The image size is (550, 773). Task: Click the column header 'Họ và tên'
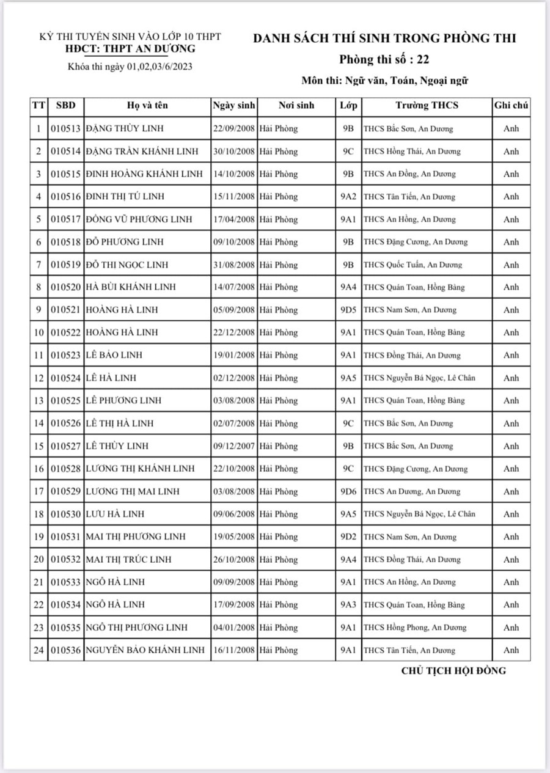(x=147, y=105)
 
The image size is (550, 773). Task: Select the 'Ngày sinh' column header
(x=233, y=105)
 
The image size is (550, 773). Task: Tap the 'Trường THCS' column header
(x=427, y=105)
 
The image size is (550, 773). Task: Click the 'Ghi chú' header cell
(x=511, y=105)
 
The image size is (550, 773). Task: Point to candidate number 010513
(x=65, y=128)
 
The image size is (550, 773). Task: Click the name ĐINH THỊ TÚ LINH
(x=125, y=196)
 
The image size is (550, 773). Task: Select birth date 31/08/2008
(x=233, y=265)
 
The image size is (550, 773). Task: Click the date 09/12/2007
(x=233, y=446)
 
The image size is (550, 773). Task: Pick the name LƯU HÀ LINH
(x=116, y=514)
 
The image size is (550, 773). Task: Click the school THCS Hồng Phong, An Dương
(x=414, y=628)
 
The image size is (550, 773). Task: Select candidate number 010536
(x=65, y=650)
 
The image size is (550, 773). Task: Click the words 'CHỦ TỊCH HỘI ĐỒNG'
(x=453, y=670)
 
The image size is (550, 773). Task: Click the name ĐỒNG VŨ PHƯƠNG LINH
(x=139, y=219)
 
